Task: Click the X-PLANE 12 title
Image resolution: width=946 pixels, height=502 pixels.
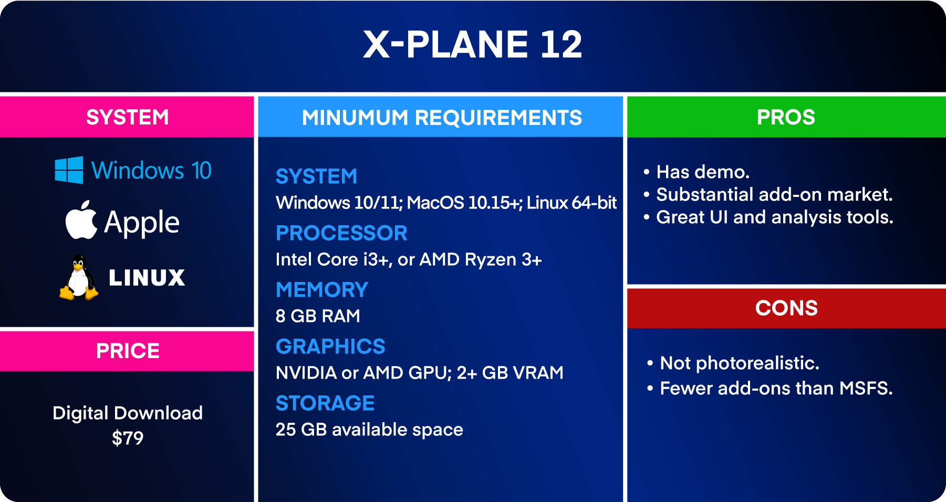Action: click(x=472, y=44)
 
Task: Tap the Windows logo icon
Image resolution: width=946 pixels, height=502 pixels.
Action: click(x=69, y=170)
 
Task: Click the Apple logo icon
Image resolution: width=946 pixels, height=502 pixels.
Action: click(x=81, y=221)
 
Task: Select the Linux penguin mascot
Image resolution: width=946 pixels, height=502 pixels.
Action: click(x=78, y=278)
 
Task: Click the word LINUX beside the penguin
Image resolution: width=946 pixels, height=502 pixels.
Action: click(x=147, y=278)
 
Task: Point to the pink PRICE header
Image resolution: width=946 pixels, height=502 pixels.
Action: click(x=127, y=351)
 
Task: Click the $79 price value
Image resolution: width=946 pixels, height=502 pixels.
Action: click(x=127, y=438)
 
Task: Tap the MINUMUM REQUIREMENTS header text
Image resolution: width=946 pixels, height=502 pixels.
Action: click(x=441, y=118)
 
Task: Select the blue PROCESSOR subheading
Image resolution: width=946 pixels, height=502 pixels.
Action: click(x=341, y=233)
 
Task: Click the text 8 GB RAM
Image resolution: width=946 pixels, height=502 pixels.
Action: click(x=318, y=316)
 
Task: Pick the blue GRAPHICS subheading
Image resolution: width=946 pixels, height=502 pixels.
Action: click(x=330, y=347)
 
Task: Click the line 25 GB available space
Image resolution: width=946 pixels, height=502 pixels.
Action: click(x=369, y=430)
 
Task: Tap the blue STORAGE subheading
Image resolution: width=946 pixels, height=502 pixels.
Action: click(x=325, y=403)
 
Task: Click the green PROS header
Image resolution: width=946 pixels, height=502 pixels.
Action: click(x=786, y=117)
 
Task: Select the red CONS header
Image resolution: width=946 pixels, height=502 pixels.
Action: click(x=786, y=308)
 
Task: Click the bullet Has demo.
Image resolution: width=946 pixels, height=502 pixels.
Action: click(x=702, y=172)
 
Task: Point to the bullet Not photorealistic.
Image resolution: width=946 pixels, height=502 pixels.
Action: click(x=739, y=363)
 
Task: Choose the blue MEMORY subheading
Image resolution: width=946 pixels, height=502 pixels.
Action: click(x=322, y=290)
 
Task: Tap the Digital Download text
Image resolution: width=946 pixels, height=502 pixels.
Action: click(x=127, y=413)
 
